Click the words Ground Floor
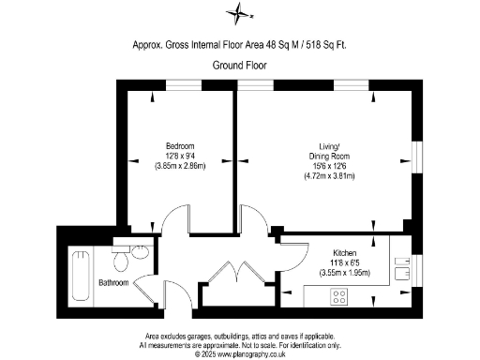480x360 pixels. [x=240, y=65]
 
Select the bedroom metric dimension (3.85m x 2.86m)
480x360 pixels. [x=180, y=165]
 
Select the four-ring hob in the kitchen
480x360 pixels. [x=338, y=297]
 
